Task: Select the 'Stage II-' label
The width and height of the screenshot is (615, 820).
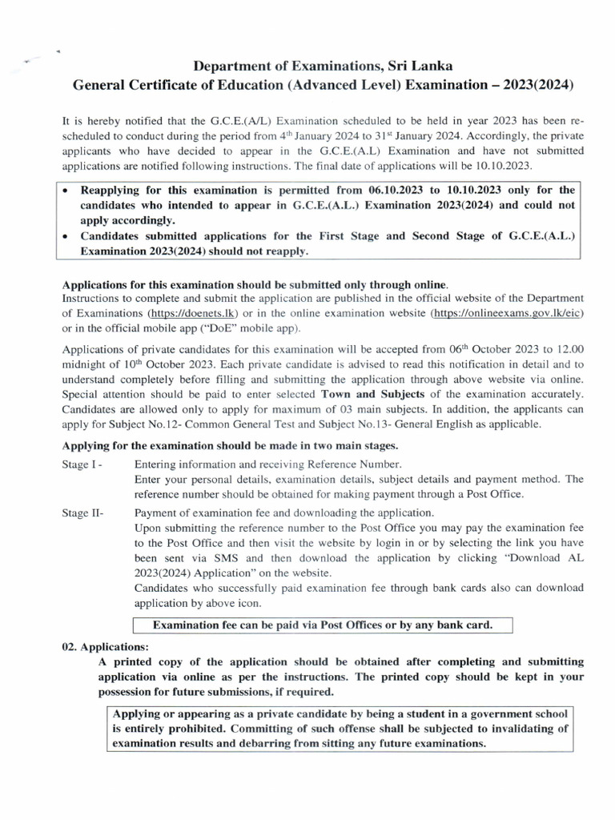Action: coord(82,513)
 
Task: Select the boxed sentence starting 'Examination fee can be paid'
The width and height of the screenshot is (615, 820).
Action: coord(322,625)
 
